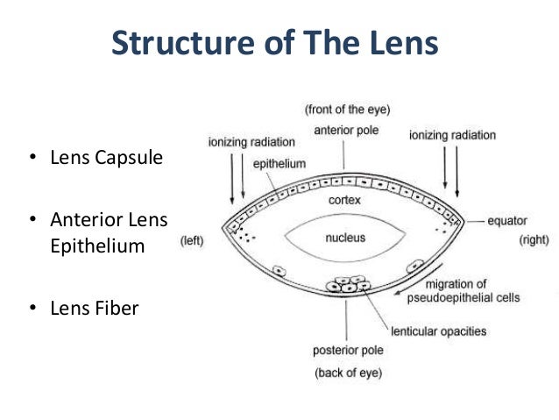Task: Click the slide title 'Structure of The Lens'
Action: click(x=274, y=43)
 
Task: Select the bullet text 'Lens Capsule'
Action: click(x=96, y=160)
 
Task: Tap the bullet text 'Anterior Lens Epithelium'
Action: click(x=96, y=232)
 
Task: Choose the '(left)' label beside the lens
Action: click(x=194, y=238)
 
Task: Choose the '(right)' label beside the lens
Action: click(x=534, y=238)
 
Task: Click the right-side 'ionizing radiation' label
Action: click(x=452, y=135)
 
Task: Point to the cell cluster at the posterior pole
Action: click(x=345, y=284)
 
